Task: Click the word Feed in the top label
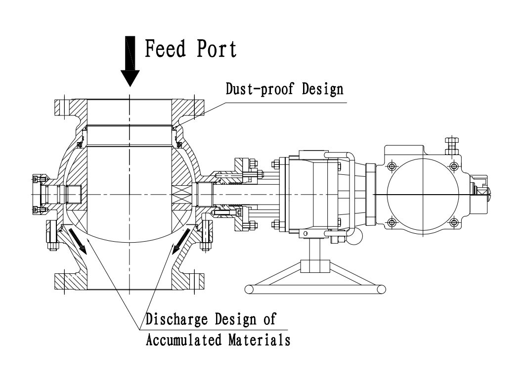pyautogui.click(x=165, y=49)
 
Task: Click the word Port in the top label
pyautogui.click(x=216, y=49)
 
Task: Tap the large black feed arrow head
pyautogui.click(x=130, y=77)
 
